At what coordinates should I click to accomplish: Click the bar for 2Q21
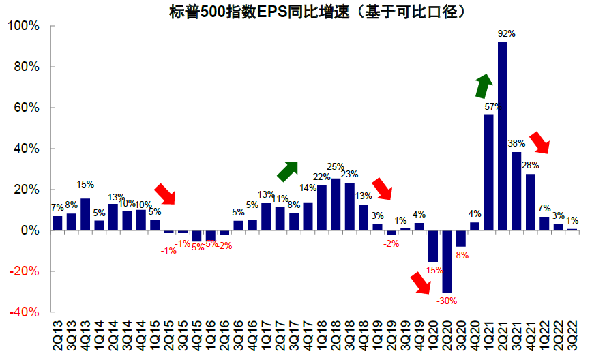[503, 136]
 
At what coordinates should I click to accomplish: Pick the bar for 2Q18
[336, 205]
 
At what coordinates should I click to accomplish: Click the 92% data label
[506, 33]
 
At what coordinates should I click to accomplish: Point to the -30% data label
[447, 301]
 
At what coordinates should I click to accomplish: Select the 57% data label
[492, 106]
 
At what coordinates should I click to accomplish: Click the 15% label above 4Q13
[85, 184]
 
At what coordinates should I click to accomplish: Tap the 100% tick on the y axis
[23, 26]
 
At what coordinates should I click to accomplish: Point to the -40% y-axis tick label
[25, 312]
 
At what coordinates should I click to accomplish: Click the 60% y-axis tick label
[26, 108]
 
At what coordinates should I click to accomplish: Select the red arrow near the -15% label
[419, 282]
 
